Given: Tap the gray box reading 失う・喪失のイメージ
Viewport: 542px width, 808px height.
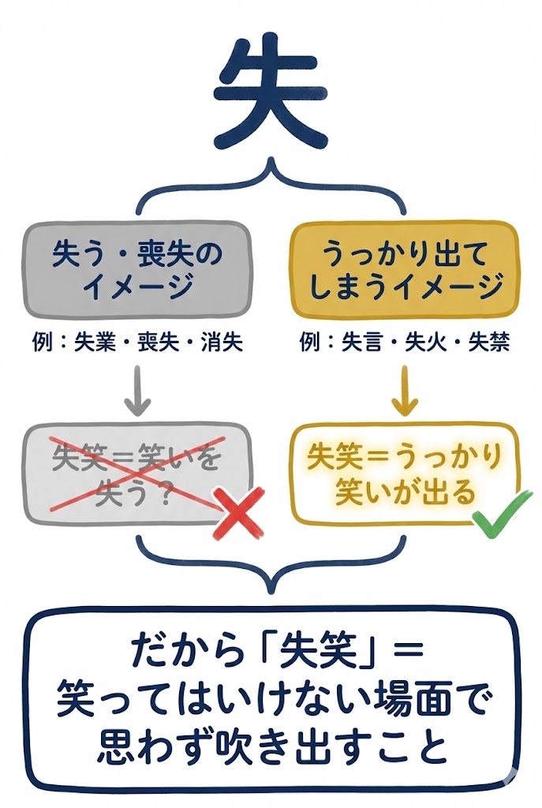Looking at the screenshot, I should [x=137, y=268].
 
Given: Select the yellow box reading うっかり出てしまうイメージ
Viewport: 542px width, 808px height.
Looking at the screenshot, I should [x=406, y=268].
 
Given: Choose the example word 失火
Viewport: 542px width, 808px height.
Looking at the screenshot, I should [x=425, y=342].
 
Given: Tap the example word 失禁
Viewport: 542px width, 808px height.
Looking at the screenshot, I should [x=488, y=342].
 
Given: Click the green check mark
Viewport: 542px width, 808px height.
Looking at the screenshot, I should [x=497, y=518].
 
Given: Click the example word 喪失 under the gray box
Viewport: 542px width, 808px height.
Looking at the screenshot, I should [x=159, y=342].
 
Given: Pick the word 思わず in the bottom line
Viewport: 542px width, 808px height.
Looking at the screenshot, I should [x=145, y=745].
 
